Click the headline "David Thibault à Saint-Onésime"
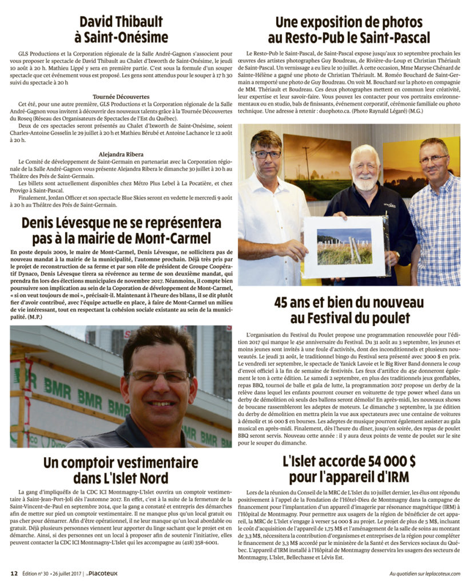[121, 30]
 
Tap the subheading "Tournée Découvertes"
[121, 97]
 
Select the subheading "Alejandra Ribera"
[121, 154]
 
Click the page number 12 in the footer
[14, 573]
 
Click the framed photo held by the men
[344, 247]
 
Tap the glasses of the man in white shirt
[267, 154]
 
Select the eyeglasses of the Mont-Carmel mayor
[159, 376]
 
